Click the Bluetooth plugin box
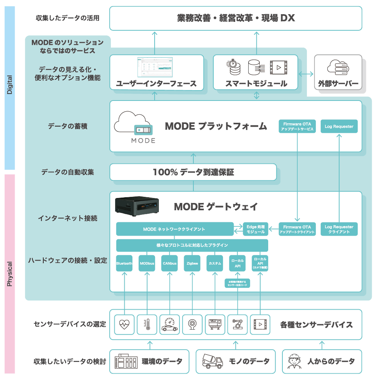tap(124, 264)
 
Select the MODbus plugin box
tap(147, 264)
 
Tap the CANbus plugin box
tap(170, 264)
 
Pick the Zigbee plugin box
tap(192, 264)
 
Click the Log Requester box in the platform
tap(338, 127)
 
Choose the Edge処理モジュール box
tap(256, 229)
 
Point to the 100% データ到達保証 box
tap(193, 172)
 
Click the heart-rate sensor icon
tap(124, 324)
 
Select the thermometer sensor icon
tap(147, 324)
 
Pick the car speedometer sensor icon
tap(170, 324)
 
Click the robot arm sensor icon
tap(237, 324)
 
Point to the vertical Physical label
tap(10, 274)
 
